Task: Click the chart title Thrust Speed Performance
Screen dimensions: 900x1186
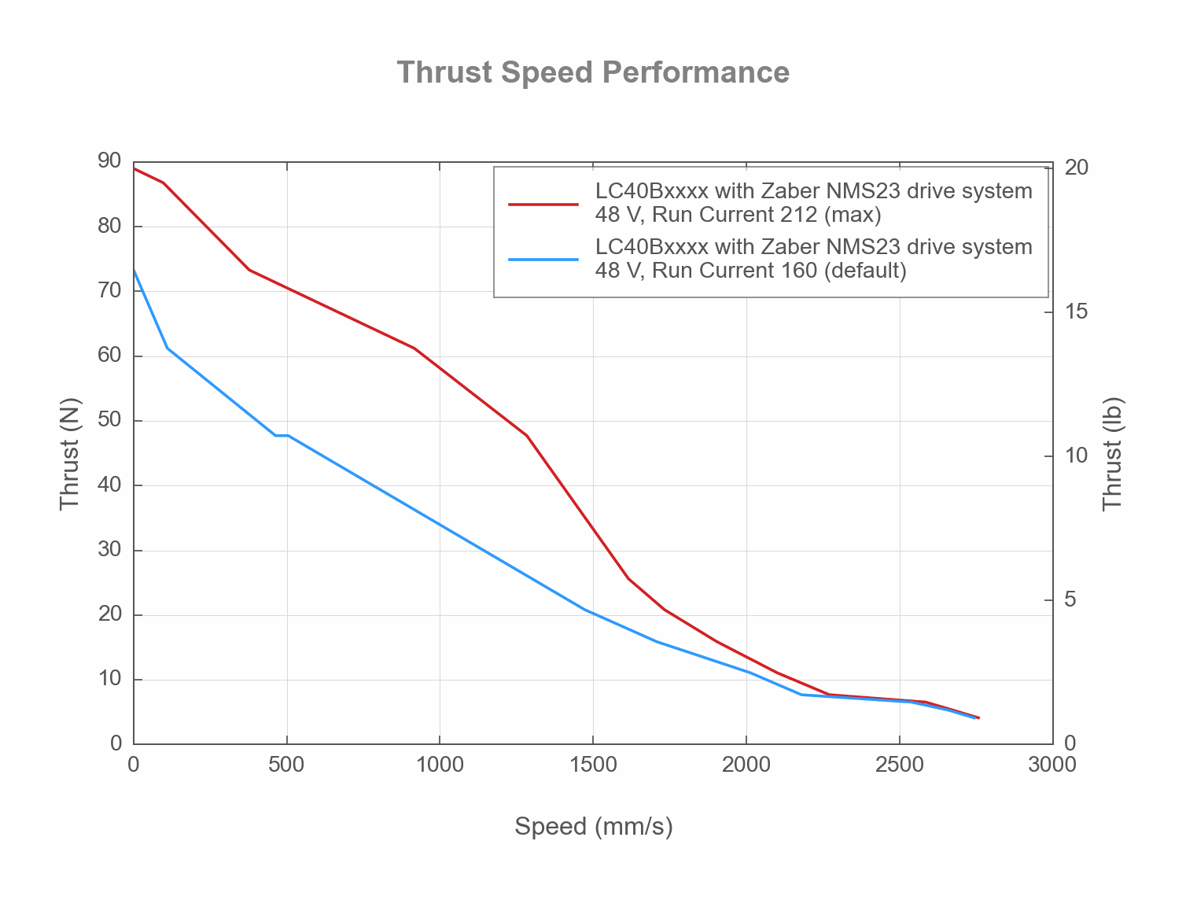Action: coord(593,72)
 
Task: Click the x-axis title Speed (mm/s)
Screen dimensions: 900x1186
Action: coord(593,826)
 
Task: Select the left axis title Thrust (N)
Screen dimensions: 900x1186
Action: coord(69,453)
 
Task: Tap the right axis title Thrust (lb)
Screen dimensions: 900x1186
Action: coord(1112,453)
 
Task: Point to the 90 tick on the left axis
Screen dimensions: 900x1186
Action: coord(109,161)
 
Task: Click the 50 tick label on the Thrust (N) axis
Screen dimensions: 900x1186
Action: coord(109,420)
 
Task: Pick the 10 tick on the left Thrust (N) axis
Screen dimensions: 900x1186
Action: coord(109,679)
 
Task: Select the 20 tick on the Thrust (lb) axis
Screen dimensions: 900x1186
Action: coord(1075,168)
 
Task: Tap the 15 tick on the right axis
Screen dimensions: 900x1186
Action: coord(1075,312)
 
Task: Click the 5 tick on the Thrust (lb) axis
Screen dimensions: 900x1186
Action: coord(1070,599)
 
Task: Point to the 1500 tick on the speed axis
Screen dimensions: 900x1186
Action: coord(592,765)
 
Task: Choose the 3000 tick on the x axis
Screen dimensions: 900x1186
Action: coord(1052,765)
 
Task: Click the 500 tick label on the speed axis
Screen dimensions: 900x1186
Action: coord(286,765)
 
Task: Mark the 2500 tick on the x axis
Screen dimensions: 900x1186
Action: coord(899,765)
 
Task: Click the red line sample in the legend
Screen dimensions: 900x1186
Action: coord(543,203)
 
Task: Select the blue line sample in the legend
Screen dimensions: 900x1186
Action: coord(543,259)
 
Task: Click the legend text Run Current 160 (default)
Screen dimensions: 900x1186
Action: coord(750,271)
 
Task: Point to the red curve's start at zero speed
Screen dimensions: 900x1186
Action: coord(134,168)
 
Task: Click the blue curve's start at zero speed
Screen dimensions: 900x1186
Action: coord(134,270)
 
